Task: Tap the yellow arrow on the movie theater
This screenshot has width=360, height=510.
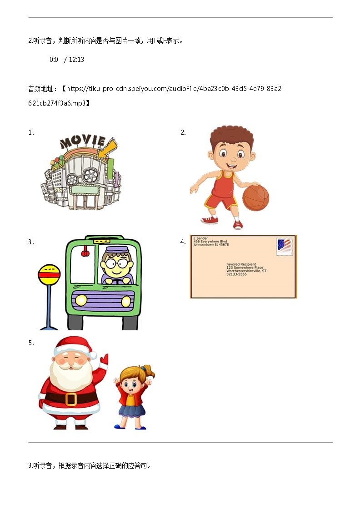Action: tap(108, 149)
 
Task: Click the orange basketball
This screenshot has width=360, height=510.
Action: tap(255, 197)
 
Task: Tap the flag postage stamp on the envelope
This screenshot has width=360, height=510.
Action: tap(284, 247)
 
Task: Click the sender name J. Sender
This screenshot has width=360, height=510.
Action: tap(200, 238)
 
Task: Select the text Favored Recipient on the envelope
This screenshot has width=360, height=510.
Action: tap(241, 264)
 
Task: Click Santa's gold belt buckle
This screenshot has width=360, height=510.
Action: tap(70, 399)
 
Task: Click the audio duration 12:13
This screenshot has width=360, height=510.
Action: tap(76, 60)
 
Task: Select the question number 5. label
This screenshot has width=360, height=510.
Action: tap(31, 343)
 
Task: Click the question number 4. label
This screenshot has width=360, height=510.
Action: tap(183, 242)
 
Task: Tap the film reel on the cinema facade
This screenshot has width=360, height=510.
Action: tap(91, 174)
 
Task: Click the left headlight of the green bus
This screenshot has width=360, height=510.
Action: tap(81, 300)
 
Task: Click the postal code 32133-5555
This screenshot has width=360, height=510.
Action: tap(236, 274)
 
